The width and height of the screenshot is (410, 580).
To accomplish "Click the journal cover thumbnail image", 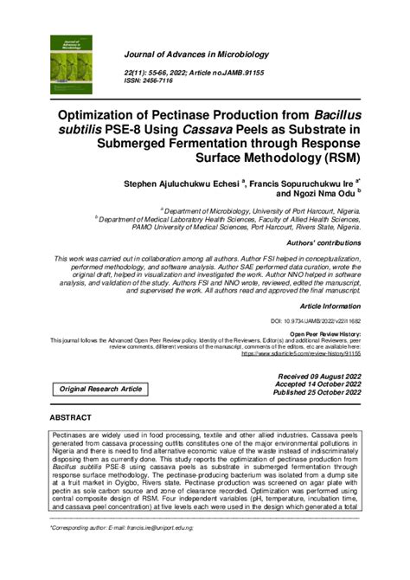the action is [x=75, y=68].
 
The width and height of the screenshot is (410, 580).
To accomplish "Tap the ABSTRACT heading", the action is [x=77, y=417].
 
